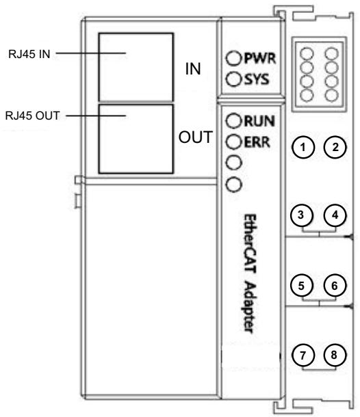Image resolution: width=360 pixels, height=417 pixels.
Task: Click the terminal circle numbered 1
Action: tap(303, 147)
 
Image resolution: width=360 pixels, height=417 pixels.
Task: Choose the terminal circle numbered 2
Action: tap(335, 147)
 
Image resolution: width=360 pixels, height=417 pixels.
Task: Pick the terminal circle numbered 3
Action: tap(302, 215)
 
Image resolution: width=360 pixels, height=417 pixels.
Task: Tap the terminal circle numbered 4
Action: tap(335, 215)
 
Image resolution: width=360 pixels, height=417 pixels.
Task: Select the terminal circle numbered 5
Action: tap(302, 286)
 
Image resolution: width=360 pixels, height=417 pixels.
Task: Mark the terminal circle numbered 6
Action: tap(335, 286)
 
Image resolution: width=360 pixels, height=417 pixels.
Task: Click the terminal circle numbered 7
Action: tap(303, 355)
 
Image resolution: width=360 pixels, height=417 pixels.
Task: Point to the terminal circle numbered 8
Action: tap(335, 355)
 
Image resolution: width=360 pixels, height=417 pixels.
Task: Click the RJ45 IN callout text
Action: tap(29, 54)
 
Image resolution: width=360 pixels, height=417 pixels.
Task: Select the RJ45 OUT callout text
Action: tap(32, 116)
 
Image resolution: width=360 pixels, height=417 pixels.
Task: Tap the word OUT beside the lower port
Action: tap(196, 137)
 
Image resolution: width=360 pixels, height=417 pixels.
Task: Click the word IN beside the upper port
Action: tap(193, 69)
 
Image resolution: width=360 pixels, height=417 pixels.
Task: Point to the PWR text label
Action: tap(260, 58)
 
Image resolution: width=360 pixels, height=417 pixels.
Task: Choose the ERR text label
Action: tap(257, 142)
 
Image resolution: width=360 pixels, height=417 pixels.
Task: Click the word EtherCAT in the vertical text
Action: tap(250, 244)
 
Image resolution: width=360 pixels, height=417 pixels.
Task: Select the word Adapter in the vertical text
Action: tap(249, 307)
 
